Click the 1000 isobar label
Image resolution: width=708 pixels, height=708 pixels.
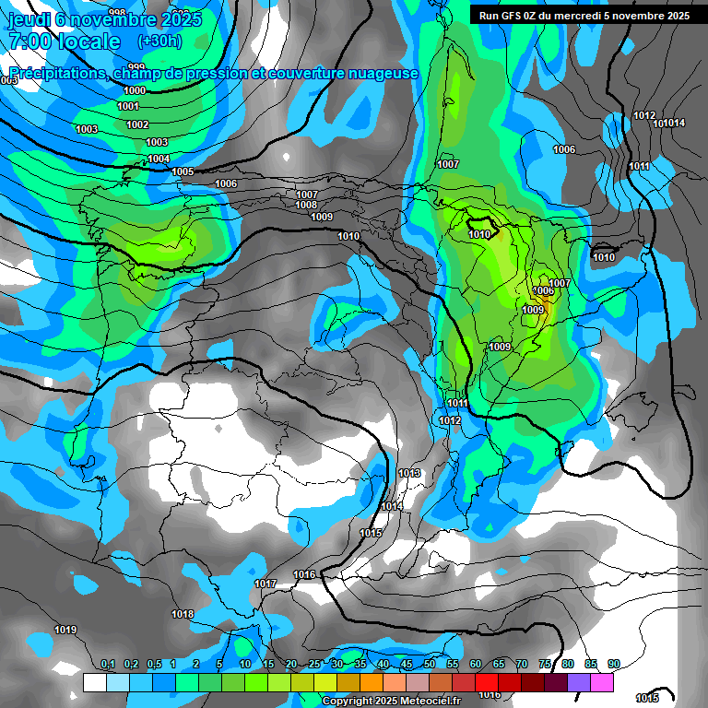pyautogui.click(x=135, y=90)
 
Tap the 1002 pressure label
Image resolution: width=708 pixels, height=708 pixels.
pyautogui.click(x=137, y=124)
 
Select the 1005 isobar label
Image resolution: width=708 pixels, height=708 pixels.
pyautogui.click(x=183, y=172)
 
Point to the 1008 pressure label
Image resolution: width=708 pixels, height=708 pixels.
pyautogui.click(x=307, y=206)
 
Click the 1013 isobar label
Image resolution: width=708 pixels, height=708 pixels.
pyautogui.click(x=409, y=473)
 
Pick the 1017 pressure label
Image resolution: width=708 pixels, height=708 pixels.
pyautogui.click(x=265, y=584)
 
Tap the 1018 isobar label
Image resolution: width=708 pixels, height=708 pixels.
pyautogui.click(x=183, y=614)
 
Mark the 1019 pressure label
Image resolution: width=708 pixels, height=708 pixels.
pyautogui.click(x=65, y=631)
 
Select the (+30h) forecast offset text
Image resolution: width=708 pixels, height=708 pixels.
pyautogui.click(x=159, y=41)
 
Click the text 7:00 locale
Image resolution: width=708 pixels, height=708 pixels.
pyautogui.click(x=65, y=41)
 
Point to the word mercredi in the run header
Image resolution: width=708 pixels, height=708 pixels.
pyautogui.click(x=592, y=16)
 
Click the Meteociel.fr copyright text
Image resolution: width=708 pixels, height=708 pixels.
pyautogui.click(x=391, y=701)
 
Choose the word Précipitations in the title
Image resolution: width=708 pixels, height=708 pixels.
pyautogui.click(x=56, y=74)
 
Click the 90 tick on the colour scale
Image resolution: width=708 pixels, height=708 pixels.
pyautogui.click(x=613, y=664)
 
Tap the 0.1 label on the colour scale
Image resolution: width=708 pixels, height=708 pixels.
pyautogui.click(x=107, y=664)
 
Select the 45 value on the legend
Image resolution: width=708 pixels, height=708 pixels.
pyautogui.click(x=407, y=664)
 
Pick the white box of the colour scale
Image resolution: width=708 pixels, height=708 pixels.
pyautogui.click(x=94, y=682)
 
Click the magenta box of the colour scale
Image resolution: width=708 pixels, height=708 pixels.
pyautogui.click(x=602, y=682)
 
